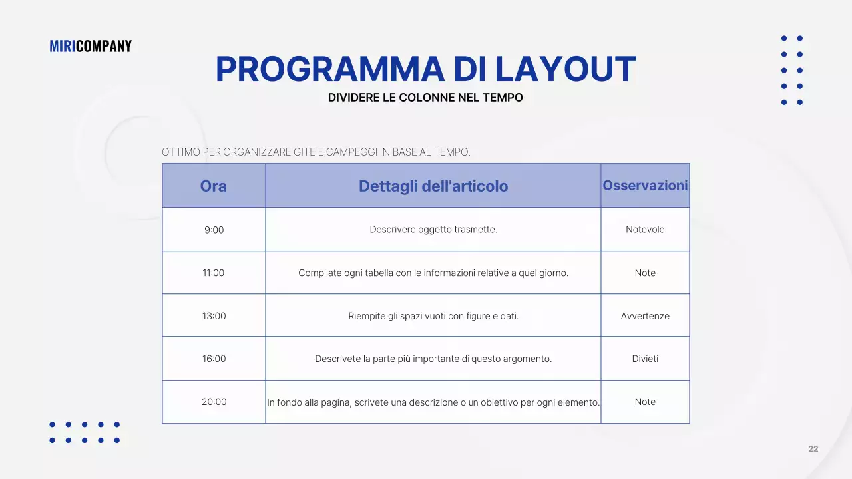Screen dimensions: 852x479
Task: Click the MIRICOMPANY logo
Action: click(91, 46)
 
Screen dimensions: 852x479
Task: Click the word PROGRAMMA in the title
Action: click(329, 69)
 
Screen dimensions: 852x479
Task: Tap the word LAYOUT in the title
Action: click(565, 69)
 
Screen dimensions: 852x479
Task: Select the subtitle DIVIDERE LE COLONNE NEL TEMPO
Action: click(425, 98)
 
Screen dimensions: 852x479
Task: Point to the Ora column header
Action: click(214, 186)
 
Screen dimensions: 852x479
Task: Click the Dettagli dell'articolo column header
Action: click(433, 186)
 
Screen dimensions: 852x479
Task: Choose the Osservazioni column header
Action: click(645, 185)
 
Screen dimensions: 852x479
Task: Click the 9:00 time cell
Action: click(214, 230)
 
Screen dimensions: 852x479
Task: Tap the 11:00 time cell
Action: click(214, 273)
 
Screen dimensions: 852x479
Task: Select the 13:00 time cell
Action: click(214, 316)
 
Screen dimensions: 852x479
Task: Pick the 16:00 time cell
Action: click(214, 359)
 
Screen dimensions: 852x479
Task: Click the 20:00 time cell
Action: click(214, 402)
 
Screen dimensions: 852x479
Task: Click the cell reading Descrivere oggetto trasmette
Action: click(433, 230)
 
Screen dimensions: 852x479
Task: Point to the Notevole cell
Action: click(645, 230)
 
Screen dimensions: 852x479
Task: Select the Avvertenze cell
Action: click(645, 316)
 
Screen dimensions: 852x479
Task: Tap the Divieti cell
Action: click(645, 359)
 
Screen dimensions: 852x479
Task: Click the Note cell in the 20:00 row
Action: click(645, 402)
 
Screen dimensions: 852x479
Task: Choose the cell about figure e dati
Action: click(433, 316)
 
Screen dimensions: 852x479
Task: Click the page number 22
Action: click(813, 449)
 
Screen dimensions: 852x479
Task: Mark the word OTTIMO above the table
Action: click(181, 152)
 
